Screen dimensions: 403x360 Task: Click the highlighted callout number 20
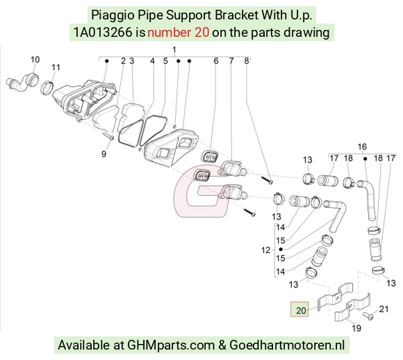pyautogui.click(x=301, y=311)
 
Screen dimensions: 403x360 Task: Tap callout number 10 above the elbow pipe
pyautogui.click(x=35, y=60)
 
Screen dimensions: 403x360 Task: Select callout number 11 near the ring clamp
pyautogui.click(x=56, y=67)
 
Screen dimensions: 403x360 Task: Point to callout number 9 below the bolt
pyautogui.click(x=104, y=154)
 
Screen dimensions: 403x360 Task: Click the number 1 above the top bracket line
pyautogui.click(x=174, y=49)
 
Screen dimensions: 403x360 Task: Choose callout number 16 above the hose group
pyautogui.click(x=362, y=147)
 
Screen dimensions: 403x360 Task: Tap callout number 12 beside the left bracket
pyautogui.click(x=265, y=250)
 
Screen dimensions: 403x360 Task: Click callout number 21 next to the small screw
pyautogui.click(x=384, y=309)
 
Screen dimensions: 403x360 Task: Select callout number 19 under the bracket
pyautogui.click(x=356, y=328)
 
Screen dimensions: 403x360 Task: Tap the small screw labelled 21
pyautogui.click(x=368, y=316)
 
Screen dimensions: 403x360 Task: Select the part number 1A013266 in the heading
pyautogui.click(x=103, y=33)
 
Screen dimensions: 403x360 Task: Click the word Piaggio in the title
pyautogui.click(x=113, y=15)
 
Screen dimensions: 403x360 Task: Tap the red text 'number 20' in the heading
pyautogui.click(x=178, y=33)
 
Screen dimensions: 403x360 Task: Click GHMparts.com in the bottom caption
pyautogui.click(x=171, y=345)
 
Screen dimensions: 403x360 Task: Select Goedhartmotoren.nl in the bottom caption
pyautogui.click(x=287, y=345)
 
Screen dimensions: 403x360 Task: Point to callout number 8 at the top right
pyautogui.click(x=246, y=61)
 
